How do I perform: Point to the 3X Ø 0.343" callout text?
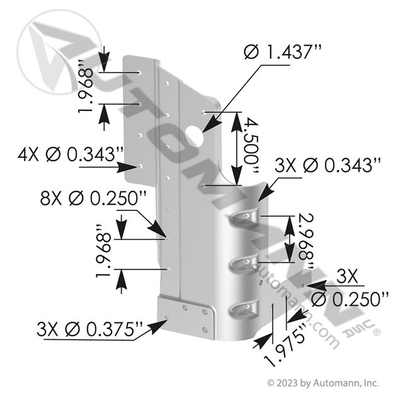pos(329,166)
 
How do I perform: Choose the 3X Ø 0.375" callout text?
pos(91,329)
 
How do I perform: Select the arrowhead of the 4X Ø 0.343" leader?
pos(137,166)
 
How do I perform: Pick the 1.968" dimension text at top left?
pos(88,91)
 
